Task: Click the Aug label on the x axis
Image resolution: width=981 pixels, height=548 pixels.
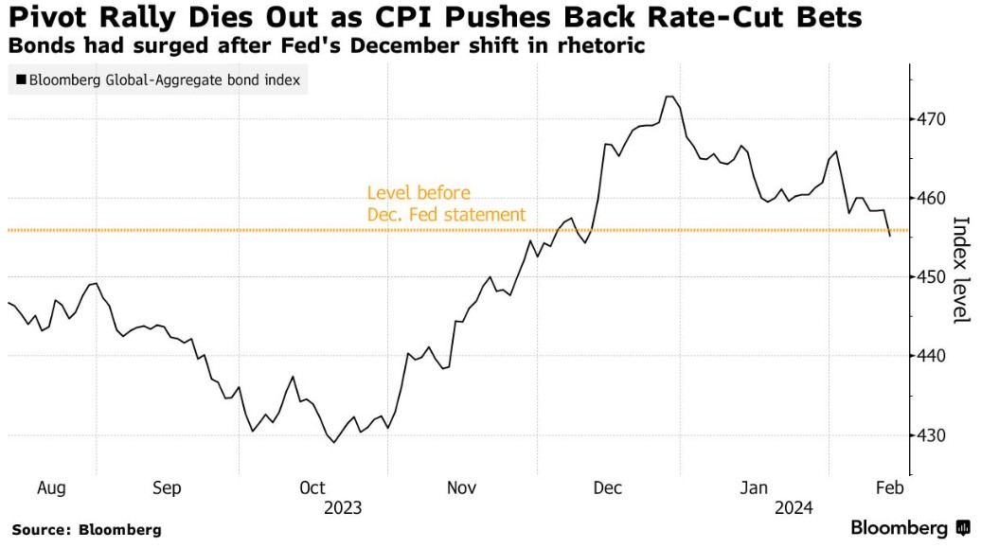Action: pos(51,487)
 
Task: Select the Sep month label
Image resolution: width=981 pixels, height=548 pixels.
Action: pos(167,487)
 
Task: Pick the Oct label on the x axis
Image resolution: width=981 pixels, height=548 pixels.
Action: pos(312,487)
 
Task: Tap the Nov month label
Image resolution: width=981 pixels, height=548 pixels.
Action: pos(460,487)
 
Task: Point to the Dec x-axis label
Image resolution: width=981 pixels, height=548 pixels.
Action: pos(607,487)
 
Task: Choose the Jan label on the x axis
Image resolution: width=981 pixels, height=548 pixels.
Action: pos(755,487)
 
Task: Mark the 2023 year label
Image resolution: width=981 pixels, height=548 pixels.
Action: pos(343,508)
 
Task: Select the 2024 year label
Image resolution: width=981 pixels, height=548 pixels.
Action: pos(794,508)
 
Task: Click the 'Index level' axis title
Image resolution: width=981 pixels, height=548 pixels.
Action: pos(961,270)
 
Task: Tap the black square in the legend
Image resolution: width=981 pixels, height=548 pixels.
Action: pos(21,80)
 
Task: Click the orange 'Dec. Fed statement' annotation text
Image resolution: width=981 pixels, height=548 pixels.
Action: pos(446,215)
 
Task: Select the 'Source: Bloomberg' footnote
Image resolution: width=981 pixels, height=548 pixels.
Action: pos(87,530)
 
